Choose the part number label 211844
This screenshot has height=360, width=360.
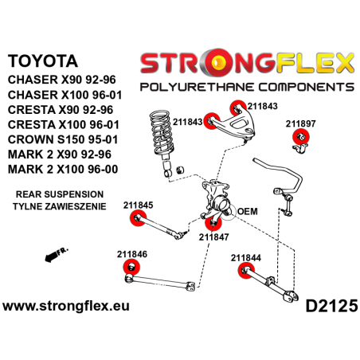pyautogui.click(x=245, y=257)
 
